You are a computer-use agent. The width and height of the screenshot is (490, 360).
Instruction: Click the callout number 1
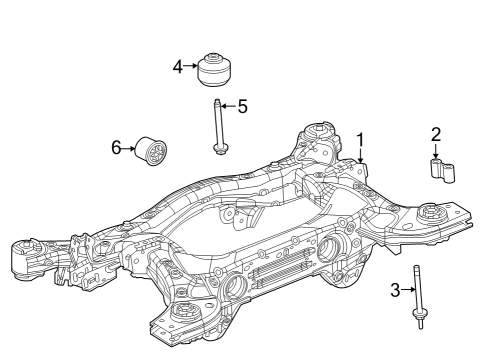(361, 140)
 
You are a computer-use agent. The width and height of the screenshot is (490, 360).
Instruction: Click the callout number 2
(435, 134)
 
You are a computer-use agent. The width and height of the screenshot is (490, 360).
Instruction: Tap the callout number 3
(395, 290)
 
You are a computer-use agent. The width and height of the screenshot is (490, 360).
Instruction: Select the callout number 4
(178, 66)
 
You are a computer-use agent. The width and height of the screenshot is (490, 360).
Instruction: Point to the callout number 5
(241, 105)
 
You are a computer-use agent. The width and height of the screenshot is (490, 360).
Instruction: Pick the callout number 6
(117, 148)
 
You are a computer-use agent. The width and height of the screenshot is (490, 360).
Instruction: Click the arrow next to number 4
(191, 66)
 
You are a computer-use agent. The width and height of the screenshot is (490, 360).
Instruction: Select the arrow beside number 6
(129, 148)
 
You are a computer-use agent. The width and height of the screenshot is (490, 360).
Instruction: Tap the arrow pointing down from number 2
(435, 150)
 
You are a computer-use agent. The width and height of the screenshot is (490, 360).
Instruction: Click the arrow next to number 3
(406, 290)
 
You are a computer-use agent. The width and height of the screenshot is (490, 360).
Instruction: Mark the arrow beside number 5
(227, 105)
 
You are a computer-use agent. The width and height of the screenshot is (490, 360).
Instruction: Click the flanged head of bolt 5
(218, 150)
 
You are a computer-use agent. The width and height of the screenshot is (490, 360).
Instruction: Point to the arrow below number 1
(361, 155)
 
